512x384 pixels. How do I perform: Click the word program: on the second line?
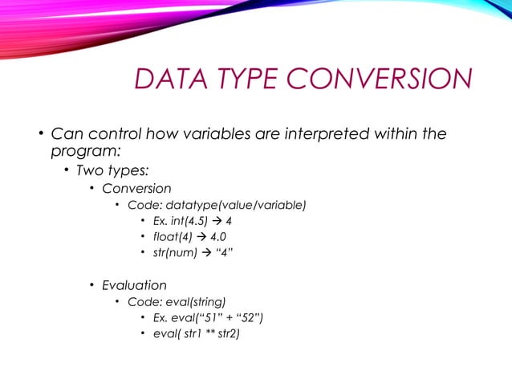tap(87, 149)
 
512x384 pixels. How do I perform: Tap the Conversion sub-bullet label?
tap(136, 189)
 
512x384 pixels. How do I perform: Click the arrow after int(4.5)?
tap(217, 221)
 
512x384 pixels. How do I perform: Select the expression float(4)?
tap(175, 237)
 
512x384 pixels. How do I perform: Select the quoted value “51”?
tap(209, 318)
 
